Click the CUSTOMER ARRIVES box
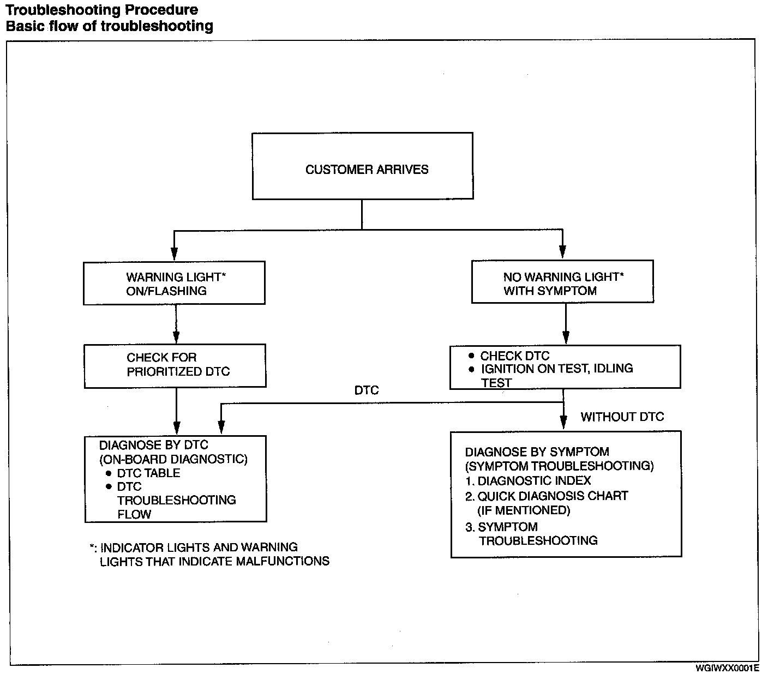(362, 166)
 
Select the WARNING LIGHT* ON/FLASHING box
(174, 283)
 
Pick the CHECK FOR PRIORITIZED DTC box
(175, 365)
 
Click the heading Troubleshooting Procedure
(102, 10)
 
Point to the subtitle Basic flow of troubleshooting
(109, 26)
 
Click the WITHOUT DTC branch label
(622, 417)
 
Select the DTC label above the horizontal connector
(366, 390)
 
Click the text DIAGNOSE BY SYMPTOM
(537, 452)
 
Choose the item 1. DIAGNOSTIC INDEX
(528, 480)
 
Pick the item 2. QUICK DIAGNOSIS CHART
(547, 496)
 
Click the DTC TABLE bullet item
(148, 473)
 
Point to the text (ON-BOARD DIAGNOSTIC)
(173, 459)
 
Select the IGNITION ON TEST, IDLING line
(556, 369)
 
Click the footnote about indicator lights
(209, 554)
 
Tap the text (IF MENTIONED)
(524, 510)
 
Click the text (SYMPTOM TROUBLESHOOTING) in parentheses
(559, 466)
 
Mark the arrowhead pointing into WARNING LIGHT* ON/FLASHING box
(174, 255)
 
